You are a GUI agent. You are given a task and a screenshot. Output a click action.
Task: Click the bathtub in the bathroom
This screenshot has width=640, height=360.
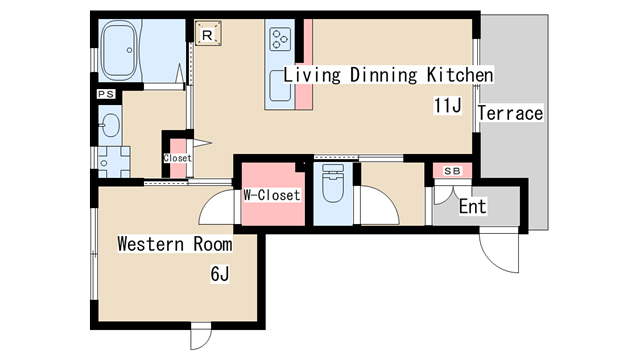[x=119, y=50]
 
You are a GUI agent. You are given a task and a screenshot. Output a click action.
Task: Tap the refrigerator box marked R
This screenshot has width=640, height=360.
[x=208, y=33]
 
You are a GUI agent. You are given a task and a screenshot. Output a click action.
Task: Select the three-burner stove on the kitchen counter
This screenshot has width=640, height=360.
[x=280, y=39]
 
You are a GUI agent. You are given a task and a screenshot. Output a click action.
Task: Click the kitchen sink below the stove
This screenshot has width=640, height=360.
[x=280, y=86]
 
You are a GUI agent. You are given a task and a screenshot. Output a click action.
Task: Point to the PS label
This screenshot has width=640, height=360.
[x=106, y=94]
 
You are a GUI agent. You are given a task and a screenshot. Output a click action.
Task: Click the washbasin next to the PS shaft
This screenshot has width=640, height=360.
[x=109, y=125]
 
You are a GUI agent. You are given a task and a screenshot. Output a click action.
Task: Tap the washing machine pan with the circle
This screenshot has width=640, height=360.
[x=114, y=162]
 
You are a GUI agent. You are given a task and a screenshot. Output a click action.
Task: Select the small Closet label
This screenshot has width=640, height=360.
[x=178, y=158]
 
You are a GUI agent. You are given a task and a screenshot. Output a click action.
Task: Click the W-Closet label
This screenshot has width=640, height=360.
[x=272, y=195]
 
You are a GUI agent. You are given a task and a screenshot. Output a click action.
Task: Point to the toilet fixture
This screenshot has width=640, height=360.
[x=333, y=183]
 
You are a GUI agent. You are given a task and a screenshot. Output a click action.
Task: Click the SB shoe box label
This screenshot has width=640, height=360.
[x=452, y=171]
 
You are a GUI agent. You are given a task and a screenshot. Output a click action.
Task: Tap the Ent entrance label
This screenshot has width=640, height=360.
[x=473, y=206]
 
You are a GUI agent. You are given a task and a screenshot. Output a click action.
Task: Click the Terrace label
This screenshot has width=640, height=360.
[x=511, y=113]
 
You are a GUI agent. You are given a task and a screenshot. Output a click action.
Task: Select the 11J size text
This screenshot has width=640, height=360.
[x=448, y=105]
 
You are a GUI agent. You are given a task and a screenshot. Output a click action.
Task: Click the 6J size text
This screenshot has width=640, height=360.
[x=220, y=273]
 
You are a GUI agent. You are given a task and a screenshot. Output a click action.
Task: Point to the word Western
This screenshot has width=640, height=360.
[x=151, y=244]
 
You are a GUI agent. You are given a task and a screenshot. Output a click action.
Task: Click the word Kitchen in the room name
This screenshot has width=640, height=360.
[x=460, y=75]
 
